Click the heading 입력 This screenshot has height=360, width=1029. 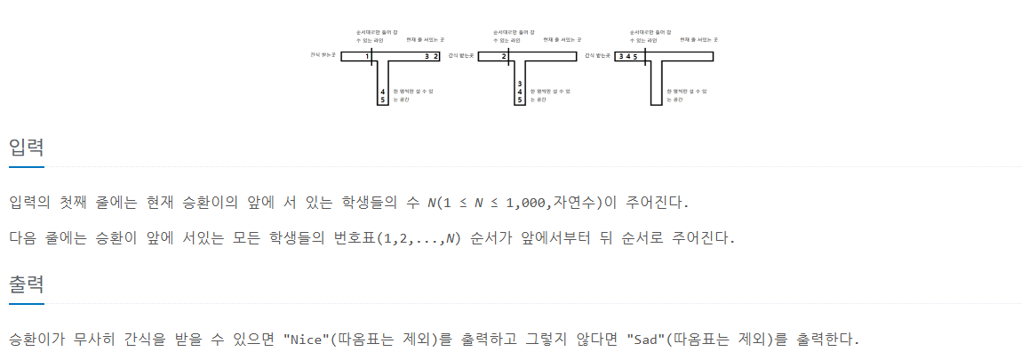[27, 147]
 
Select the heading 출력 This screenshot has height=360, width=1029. [27, 284]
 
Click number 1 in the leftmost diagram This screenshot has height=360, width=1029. [367, 56]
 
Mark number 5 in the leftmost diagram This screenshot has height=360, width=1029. [382, 100]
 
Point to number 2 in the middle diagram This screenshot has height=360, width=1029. [504, 56]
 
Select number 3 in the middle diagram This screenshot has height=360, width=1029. [519, 83]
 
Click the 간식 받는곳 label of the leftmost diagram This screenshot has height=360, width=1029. [323, 55]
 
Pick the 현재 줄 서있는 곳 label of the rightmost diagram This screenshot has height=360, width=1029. [698, 40]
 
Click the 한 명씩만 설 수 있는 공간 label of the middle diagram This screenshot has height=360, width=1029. [549, 95]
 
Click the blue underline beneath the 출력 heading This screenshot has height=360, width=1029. [27, 304]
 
